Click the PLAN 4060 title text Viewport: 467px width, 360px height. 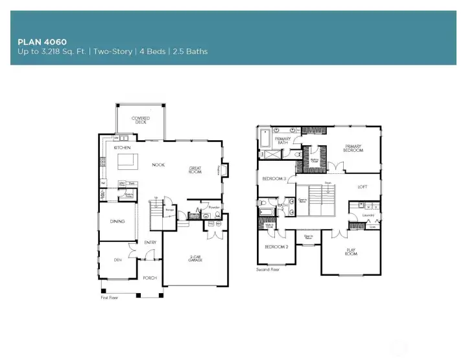click(x=42, y=42)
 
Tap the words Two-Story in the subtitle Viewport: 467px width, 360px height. click(x=91, y=51)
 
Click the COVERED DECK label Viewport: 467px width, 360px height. click(x=141, y=120)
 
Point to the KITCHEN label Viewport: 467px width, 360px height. click(x=123, y=148)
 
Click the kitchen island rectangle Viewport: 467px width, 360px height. click(x=126, y=161)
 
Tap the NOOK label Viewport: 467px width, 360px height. click(x=158, y=165)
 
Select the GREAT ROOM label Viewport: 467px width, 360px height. click(x=195, y=169)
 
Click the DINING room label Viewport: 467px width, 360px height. click(x=117, y=221)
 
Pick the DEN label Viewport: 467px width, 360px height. click(x=117, y=260)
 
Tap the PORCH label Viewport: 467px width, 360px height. click(x=150, y=278)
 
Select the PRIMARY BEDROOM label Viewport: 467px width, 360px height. click(x=353, y=148)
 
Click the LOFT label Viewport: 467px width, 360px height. click(x=363, y=187)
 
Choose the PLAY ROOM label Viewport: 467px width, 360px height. click(x=351, y=251)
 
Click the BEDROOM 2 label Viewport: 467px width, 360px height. click(x=277, y=246)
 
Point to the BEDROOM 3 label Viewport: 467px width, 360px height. click(x=274, y=178)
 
